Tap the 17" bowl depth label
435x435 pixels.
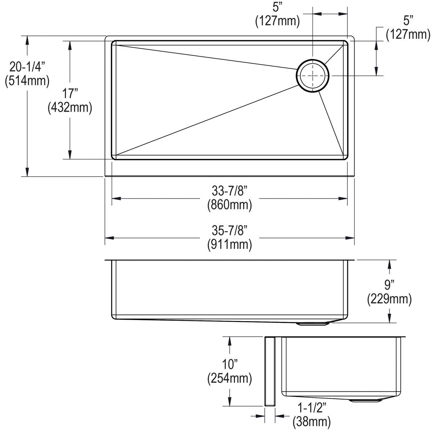(x=70, y=94)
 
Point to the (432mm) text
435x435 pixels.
(x=70, y=108)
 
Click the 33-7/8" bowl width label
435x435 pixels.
(x=229, y=191)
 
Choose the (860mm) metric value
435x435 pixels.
(x=229, y=205)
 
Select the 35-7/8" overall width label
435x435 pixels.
(x=229, y=230)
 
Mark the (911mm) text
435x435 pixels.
(x=229, y=245)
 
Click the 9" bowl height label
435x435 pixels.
(x=389, y=285)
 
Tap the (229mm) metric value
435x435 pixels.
(x=389, y=299)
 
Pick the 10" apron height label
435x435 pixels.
(x=229, y=364)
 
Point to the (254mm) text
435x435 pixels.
(x=229, y=378)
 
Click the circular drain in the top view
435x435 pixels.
(x=312, y=75)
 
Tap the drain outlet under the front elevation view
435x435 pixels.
(x=312, y=324)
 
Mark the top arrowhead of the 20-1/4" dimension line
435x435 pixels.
(x=27, y=40)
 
